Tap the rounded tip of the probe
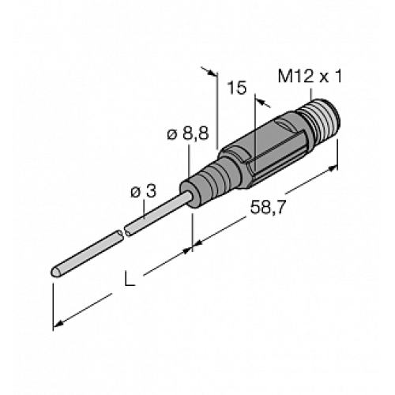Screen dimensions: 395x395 [55, 273]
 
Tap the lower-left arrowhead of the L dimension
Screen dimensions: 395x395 [56, 324]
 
